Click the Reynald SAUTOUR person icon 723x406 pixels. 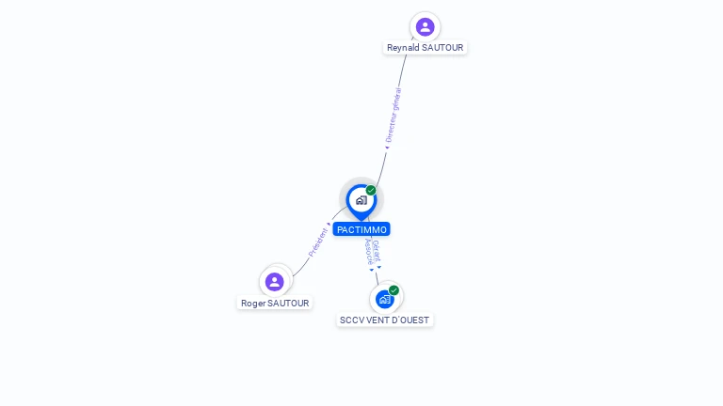pos(425,26)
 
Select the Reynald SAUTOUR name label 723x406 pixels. pos(425,48)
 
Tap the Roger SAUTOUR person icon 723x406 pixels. pos(275,281)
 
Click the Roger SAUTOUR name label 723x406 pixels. pos(275,304)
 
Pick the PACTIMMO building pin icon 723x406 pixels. pos(361,200)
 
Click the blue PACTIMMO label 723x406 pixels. pos(361,229)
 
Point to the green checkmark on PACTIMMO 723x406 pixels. pos(371,191)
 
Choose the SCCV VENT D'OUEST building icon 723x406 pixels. pos(384,299)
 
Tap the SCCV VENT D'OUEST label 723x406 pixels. pos(384,320)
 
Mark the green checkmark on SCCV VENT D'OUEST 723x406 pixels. pos(394,290)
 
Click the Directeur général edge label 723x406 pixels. pos(394,115)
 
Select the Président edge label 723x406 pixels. pos(318,242)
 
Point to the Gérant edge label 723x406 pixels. pos(377,249)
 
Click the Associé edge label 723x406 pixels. pos(369,251)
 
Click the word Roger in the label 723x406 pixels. pos(253,304)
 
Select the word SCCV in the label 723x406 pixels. pos(352,320)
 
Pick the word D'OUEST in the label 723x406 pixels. pos(411,320)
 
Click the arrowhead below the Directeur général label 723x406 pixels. pos(386,147)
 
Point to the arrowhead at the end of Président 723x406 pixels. pos(329,225)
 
